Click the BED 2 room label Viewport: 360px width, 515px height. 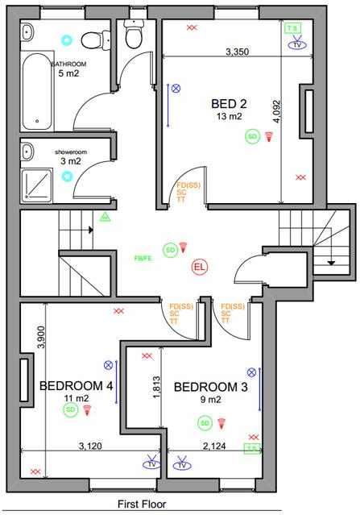(229, 103)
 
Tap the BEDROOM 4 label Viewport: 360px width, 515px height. (76, 386)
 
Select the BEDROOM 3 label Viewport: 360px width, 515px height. (210, 386)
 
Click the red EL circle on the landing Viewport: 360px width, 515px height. (200, 266)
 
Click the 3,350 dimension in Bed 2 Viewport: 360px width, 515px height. (237, 52)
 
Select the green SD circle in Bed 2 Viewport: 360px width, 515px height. (253, 136)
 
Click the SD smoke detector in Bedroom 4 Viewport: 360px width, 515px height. (71, 409)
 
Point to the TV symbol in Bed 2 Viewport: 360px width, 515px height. (298, 44)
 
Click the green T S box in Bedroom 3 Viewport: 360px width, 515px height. (252, 449)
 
